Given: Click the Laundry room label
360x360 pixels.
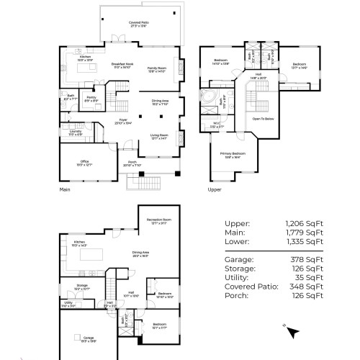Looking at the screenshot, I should (x=76, y=132).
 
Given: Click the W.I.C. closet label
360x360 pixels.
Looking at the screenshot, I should (x=217, y=124).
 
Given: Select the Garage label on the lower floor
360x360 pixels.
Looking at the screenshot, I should (x=88, y=338).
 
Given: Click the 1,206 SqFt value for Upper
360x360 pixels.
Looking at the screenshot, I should (x=305, y=223).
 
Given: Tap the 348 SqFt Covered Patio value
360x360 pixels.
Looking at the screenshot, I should (x=310, y=286).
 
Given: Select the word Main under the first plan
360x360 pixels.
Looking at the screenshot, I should (x=66, y=191).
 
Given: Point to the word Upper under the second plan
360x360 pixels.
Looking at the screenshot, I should (x=214, y=191).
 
